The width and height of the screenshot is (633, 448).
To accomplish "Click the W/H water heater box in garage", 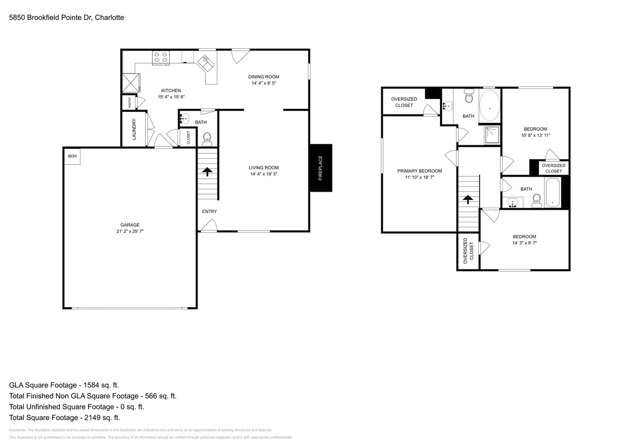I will coord(72,156).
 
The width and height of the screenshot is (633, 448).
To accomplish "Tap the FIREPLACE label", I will coord(320,168).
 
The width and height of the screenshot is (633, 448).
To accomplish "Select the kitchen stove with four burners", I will coord(161,58).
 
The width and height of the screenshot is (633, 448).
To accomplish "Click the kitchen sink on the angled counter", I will coord(206,63).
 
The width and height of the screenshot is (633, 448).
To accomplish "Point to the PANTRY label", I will coord(129,103).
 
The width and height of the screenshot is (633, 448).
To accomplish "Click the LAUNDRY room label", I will coord(134,129).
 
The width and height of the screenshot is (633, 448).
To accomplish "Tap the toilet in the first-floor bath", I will coord(207,138).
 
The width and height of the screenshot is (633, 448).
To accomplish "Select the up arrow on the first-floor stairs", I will coord(207,171).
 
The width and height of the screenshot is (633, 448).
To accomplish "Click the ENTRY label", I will coord(210,212).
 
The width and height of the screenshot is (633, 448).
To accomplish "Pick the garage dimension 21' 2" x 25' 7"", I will coord(130,231).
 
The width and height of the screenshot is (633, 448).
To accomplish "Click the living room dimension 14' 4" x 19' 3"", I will coord(264,174).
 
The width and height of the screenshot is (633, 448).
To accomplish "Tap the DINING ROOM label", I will coord(264,77).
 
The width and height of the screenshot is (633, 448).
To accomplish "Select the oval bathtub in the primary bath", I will coord(490,106).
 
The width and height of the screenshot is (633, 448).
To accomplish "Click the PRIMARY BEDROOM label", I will coord(420,171).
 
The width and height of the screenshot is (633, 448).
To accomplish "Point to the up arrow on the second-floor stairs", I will coord(468,200).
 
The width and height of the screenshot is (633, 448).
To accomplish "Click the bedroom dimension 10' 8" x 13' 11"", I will coord(535,135).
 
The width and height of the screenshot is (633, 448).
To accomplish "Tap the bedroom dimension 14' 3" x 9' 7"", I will coord(525,243).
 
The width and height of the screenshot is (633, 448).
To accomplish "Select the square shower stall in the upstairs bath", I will coord(492,134).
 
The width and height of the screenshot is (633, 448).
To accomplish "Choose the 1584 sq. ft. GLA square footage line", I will coord(64,385).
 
